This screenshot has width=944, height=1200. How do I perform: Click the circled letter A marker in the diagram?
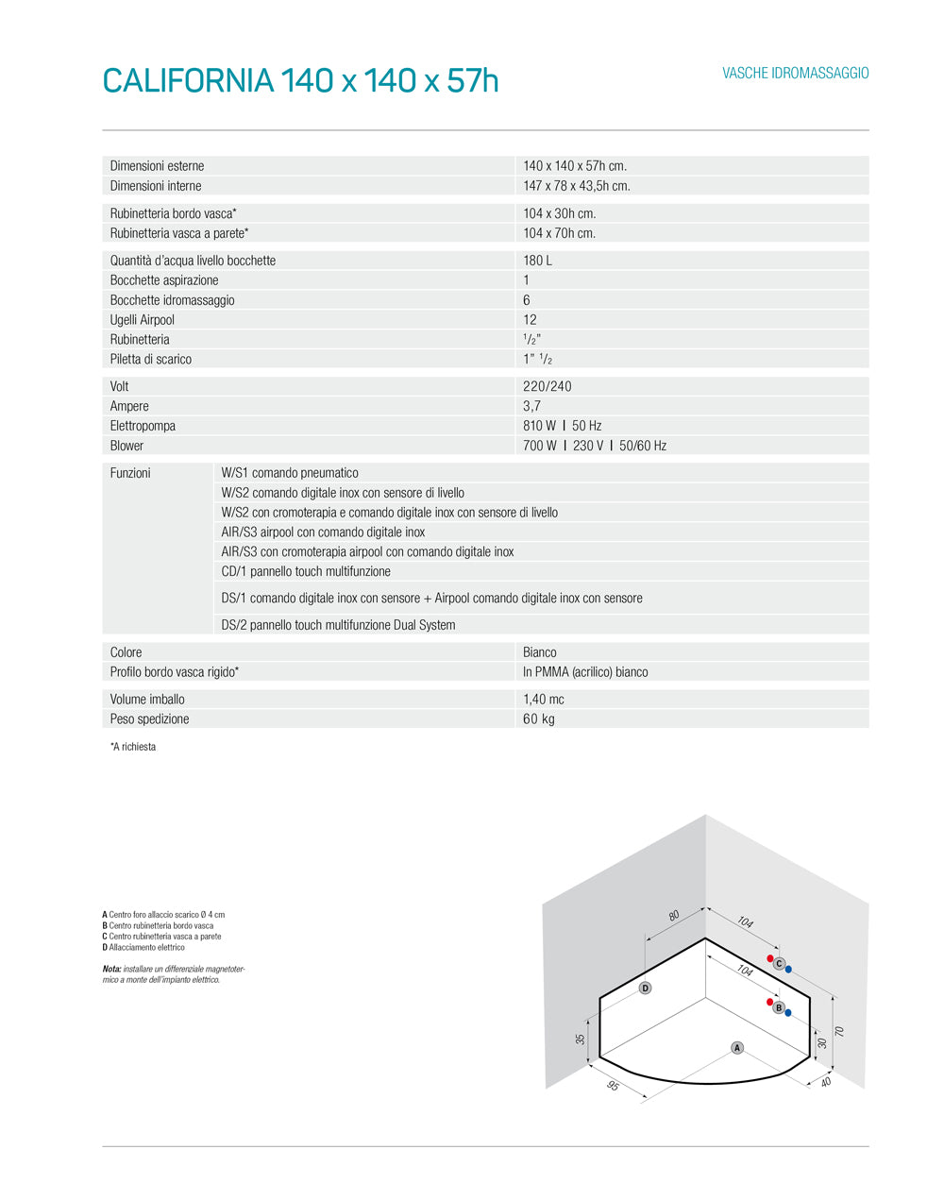pos(737,1047)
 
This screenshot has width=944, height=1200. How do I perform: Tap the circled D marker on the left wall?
pos(645,988)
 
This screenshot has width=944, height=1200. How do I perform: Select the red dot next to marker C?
pos(770,958)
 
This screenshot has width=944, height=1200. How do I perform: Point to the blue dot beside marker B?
pos(788,1013)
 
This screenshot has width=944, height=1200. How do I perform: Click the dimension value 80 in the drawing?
pos(674,915)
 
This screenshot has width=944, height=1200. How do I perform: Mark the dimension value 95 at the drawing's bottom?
pos(613,1086)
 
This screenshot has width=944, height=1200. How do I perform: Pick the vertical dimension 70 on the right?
pos(838,1032)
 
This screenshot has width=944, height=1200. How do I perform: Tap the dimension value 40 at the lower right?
pos(826,1081)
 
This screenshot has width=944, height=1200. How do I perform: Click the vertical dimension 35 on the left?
pos(581,1039)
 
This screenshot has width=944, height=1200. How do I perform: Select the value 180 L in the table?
pos(538,261)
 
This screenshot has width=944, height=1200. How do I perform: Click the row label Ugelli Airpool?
pos(143,320)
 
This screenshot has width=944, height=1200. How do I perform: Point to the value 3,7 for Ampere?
pos(532,406)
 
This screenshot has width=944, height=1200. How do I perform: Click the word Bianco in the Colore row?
pos(540,652)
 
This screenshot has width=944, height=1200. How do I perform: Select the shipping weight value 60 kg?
pos(539,719)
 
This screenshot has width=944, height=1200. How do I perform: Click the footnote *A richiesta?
pos(133,747)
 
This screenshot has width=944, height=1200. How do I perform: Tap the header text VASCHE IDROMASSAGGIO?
pos(796,74)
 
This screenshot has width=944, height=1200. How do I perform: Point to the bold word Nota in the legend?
pos(111,970)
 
